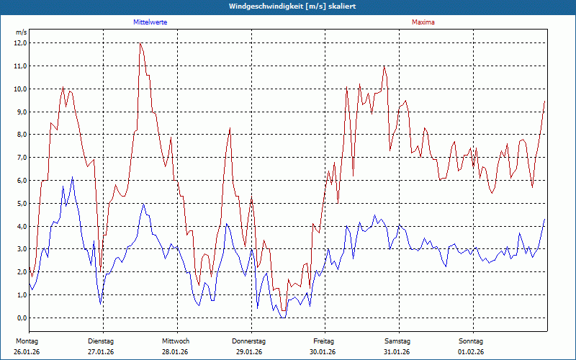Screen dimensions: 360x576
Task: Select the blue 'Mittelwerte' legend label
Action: (x=150, y=22)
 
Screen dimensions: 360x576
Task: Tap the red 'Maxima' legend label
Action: (x=423, y=22)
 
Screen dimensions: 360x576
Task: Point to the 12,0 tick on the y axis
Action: (x=21, y=42)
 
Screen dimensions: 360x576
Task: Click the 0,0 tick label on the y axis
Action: (x=21, y=318)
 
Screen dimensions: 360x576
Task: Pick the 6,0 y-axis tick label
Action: (x=21, y=180)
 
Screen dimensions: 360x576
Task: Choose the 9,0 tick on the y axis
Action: (x=21, y=112)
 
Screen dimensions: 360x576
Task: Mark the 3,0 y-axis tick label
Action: (x=21, y=249)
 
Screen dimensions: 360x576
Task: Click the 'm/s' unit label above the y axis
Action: (x=21, y=32)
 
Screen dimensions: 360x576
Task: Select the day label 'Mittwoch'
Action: (x=176, y=341)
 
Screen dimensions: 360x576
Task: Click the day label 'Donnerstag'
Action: (x=249, y=341)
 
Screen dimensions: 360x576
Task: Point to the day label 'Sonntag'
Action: (x=471, y=341)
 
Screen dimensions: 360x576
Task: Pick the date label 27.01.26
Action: (x=101, y=352)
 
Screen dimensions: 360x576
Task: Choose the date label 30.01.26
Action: (x=323, y=352)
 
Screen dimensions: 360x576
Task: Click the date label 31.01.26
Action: (x=397, y=352)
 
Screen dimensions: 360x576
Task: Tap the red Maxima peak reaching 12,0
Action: (x=140, y=44)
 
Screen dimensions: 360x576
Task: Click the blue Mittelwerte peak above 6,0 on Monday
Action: (x=72, y=177)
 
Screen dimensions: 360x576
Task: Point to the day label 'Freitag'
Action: (x=324, y=341)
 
